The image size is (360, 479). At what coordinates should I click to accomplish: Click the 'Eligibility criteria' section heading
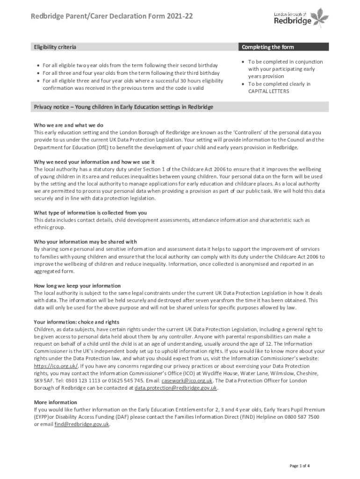[55, 47]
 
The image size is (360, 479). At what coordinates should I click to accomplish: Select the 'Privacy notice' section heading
[123, 107]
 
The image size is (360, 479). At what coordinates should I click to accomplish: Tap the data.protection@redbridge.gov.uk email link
[176, 388]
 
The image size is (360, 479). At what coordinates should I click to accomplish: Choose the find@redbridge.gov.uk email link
[82, 424]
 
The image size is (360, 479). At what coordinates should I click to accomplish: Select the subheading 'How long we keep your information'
[77, 286]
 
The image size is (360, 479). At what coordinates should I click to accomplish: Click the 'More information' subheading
[56, 402]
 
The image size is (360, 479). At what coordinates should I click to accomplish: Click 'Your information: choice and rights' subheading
[77, 322]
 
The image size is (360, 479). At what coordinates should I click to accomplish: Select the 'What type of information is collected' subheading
[90, 213]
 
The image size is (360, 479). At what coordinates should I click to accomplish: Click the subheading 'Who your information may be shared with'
[85, 242]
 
